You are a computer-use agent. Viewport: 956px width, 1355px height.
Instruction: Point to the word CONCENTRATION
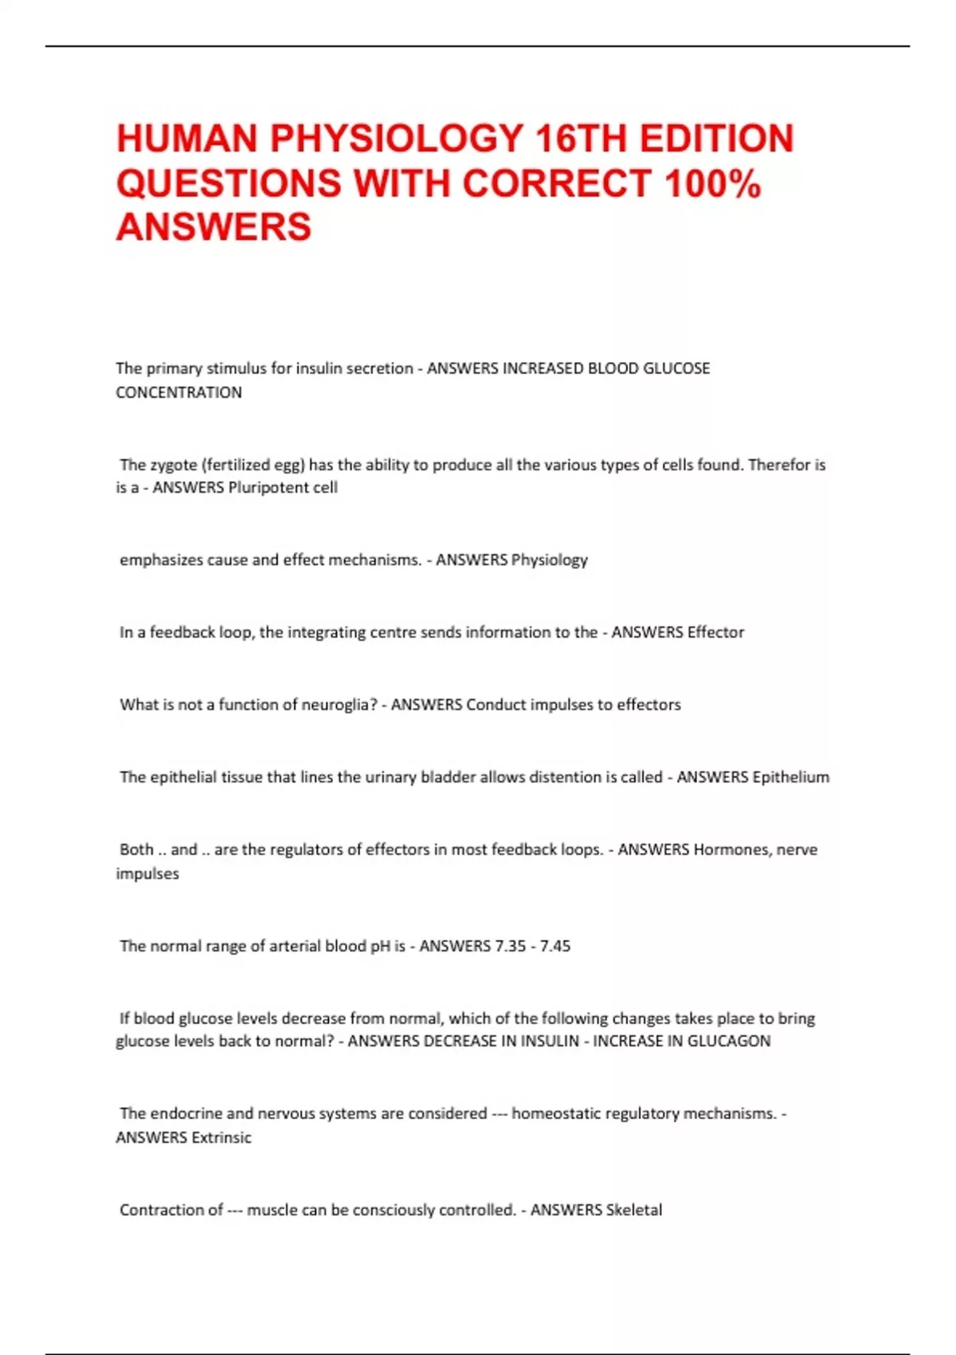(178, 392)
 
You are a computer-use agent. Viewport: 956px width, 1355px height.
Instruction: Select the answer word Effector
(715, 632)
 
